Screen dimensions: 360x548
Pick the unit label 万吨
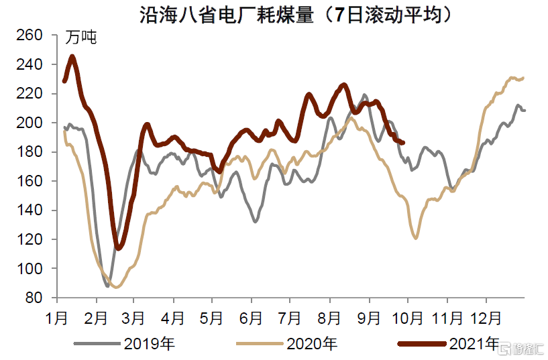80,38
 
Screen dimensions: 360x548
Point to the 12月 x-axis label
485,315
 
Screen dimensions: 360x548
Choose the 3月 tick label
133,315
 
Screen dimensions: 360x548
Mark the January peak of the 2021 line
72,56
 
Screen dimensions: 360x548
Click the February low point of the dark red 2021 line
119,249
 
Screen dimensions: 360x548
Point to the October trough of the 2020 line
416,238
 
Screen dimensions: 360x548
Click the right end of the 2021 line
402,142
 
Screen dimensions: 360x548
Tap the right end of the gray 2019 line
525,110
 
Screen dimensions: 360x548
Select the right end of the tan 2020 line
523,78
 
